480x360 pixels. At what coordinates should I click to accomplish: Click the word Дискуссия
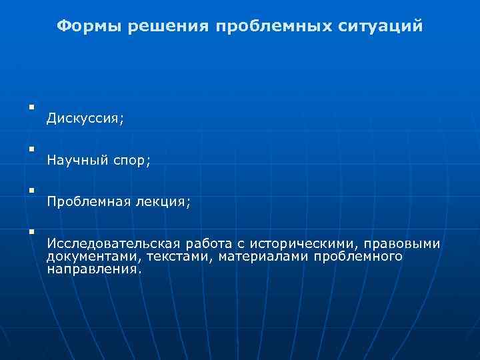click(85, 119)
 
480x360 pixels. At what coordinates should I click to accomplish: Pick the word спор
click(129, 161)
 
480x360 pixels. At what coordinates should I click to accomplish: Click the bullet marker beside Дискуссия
click(31, 107)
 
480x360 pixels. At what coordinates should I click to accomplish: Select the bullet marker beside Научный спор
click(31, 148)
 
